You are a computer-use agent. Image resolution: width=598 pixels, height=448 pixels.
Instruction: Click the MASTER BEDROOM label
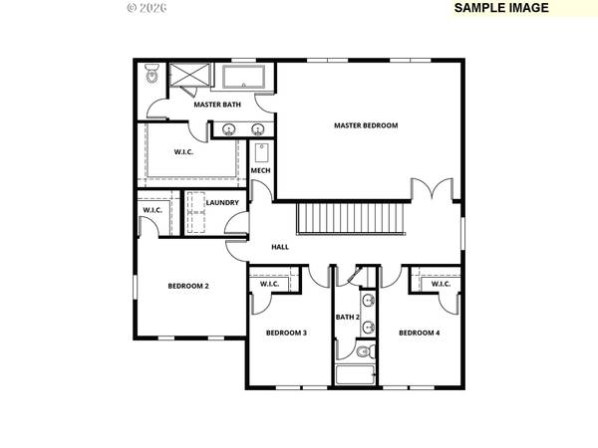(x=366, y=125)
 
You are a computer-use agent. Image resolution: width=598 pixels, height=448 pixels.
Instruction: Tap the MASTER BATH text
(x=217, y=104)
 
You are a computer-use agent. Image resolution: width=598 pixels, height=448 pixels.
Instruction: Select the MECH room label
(x=260, y=170)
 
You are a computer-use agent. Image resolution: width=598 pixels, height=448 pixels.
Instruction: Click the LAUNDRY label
(x=221, y=203)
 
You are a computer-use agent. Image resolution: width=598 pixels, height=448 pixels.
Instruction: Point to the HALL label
(x=280, y=247)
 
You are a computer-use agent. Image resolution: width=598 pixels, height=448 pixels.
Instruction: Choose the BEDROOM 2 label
(x=187, y=286)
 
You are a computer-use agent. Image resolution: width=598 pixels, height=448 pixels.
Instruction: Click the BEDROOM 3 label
(x=285, y=333)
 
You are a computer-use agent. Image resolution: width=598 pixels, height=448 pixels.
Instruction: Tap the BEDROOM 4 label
(x=419, y=333)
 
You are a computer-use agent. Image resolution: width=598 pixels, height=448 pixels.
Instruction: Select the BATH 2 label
(x=348, y=318)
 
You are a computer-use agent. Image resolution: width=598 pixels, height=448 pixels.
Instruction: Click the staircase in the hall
(x=351, y=218)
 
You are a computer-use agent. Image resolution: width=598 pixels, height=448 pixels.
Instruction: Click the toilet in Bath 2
(x=363, y=350)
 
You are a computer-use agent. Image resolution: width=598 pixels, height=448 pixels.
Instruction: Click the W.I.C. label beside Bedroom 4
(x=441, y=284)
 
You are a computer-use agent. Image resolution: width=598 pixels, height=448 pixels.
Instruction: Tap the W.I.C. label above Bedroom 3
(x=270, y=284)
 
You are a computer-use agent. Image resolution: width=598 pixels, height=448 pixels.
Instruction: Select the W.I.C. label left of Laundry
(x=152, y=210)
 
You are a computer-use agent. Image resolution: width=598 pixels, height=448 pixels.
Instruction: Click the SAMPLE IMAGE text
(x=501, y=7)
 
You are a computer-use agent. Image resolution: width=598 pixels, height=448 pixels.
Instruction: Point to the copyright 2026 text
(x=149, y=7)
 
